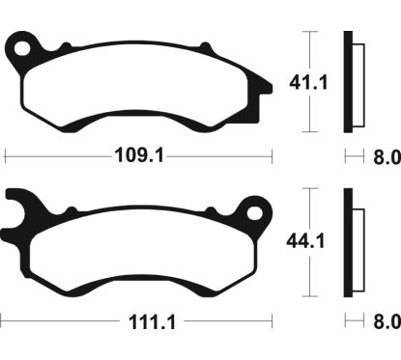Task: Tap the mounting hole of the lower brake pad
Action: (257, 208)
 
